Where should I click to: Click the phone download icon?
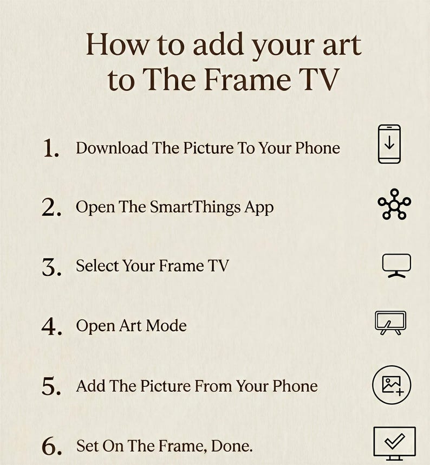[x=389, y=144]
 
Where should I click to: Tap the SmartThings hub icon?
[x=394, y=204]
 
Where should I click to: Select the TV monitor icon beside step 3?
[x=396, y=266]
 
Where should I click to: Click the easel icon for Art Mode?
[x=390, y=322]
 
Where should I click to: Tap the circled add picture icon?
[x=392, y=385]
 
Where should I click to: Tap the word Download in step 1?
[x=112, y=147]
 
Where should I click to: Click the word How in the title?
[x=115, y=44]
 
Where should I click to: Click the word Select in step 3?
[x=97, y=266]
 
